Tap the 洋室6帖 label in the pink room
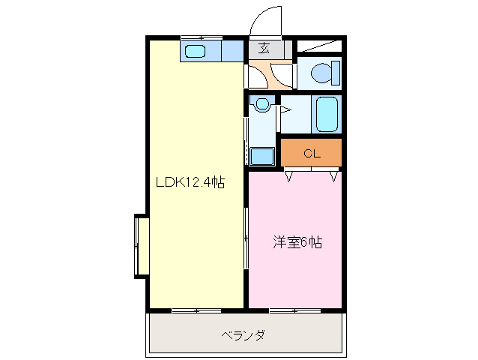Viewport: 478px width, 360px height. coord(297,243)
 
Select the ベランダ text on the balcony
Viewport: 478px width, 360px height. coord(243,334)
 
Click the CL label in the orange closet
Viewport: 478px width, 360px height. coord(312,154)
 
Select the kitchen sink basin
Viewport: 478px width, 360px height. coord(195,51)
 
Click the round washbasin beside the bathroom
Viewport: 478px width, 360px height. coord(261,104)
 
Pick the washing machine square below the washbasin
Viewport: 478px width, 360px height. coord(261,156)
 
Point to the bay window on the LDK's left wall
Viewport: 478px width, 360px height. coord(139,246)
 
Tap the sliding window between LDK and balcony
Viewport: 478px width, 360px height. coord(196,309)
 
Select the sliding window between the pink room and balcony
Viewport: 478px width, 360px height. coord(294,309)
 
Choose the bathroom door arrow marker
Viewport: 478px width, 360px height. coord(285,109)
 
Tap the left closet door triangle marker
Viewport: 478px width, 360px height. coord(288,177)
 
